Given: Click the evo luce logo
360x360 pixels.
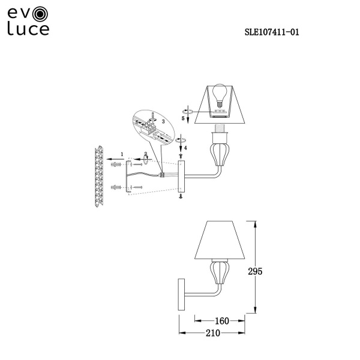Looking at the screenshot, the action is pyautogui.click(x=28, y=21).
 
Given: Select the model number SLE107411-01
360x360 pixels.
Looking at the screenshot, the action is pyautogui.click(x=272, y=32).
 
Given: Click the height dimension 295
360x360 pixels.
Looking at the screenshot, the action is pyautogui.click(x=255, y=271).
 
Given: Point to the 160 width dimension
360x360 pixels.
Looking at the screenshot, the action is pyautogui.click(x=222, y=321).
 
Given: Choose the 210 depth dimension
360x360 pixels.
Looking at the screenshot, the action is pyautogui.click(x=213, y=332).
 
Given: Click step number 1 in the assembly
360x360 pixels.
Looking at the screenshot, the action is pyautogui.click(x=122, y=154).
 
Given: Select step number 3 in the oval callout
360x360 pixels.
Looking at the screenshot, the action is pyautogui.click(x=163, y=121).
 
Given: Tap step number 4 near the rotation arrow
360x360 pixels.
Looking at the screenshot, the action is pyautogui.click(x=185, y=148).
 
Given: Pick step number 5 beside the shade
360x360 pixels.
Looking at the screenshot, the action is pyautogui.click(x=183, y=118).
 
